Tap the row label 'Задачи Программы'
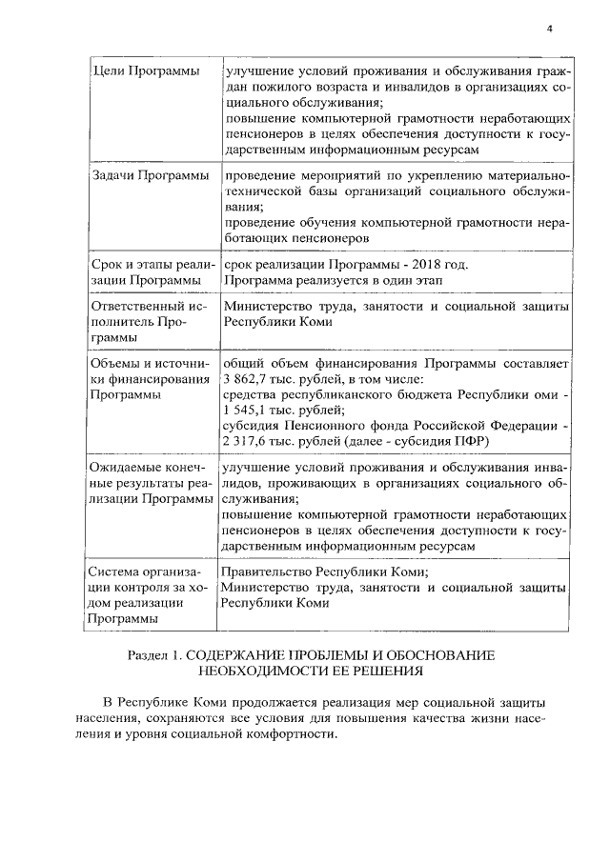tap(149, 177)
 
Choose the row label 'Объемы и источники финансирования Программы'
tap(150, 380)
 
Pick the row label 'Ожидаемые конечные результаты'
tap(150, 484)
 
